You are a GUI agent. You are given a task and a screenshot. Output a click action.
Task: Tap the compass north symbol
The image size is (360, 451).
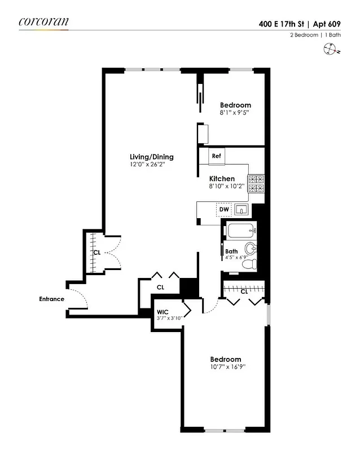[x=331, y=50]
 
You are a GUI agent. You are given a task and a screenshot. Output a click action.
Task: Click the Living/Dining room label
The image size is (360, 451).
[x=151, y=157]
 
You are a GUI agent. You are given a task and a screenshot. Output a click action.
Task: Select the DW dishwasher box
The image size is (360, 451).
[x=224, y=210]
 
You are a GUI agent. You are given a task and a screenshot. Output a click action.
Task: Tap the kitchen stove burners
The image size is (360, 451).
[x=257, y=185]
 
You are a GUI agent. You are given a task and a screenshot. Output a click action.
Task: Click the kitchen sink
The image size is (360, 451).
[x=242, y=210]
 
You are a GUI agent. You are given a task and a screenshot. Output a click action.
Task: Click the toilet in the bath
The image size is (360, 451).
[x=252, y=264]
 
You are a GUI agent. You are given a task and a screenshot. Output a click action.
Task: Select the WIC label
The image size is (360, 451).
[x=163, y=311]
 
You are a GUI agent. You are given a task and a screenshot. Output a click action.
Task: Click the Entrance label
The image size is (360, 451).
[x=51, y=299]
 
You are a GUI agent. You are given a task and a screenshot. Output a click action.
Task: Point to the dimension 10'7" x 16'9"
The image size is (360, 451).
[x=225, y=368]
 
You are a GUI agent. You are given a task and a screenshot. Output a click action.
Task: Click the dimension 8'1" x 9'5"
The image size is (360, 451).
[x=235, y=113]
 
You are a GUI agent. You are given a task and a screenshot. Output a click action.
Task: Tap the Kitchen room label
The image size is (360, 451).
[x=222, y=179]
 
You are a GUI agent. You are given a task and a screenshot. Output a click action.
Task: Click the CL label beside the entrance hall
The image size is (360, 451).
[x=96, y=253]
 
